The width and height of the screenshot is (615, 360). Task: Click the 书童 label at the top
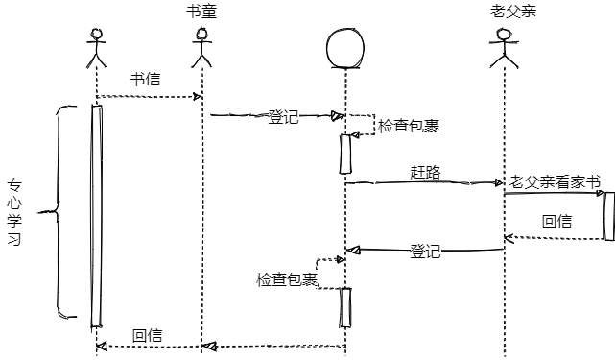point(201,12)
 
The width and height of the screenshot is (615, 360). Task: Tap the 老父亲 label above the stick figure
point(513,11)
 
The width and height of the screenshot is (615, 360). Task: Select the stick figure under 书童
point(201,47)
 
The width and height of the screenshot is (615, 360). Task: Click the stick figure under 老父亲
point(504,48)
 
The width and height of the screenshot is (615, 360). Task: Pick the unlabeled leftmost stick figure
point(97,48)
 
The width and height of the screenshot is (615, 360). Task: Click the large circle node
point(345,48)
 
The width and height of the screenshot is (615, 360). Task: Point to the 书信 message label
point(146,80)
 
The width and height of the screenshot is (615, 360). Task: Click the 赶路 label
point(426,173)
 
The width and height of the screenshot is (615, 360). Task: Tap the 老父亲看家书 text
point(555,182)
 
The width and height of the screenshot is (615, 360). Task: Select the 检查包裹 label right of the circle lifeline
point(409,126)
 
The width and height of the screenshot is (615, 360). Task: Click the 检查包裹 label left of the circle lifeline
point(287,279)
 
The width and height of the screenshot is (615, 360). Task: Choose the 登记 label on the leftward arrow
point(426,252)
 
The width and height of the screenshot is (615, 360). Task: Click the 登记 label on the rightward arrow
point(283,117)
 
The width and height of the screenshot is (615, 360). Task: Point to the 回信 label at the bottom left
point(147,336)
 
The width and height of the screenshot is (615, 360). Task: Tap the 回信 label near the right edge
point(556,222)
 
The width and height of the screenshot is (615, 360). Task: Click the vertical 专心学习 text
point(14,212)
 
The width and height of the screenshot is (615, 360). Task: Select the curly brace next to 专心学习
point(59,212)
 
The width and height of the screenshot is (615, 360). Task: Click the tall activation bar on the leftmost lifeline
point(97,216)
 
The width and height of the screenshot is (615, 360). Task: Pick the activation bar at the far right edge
point(609,216)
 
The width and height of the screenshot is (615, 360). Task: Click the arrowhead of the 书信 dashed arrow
point(198,97)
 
